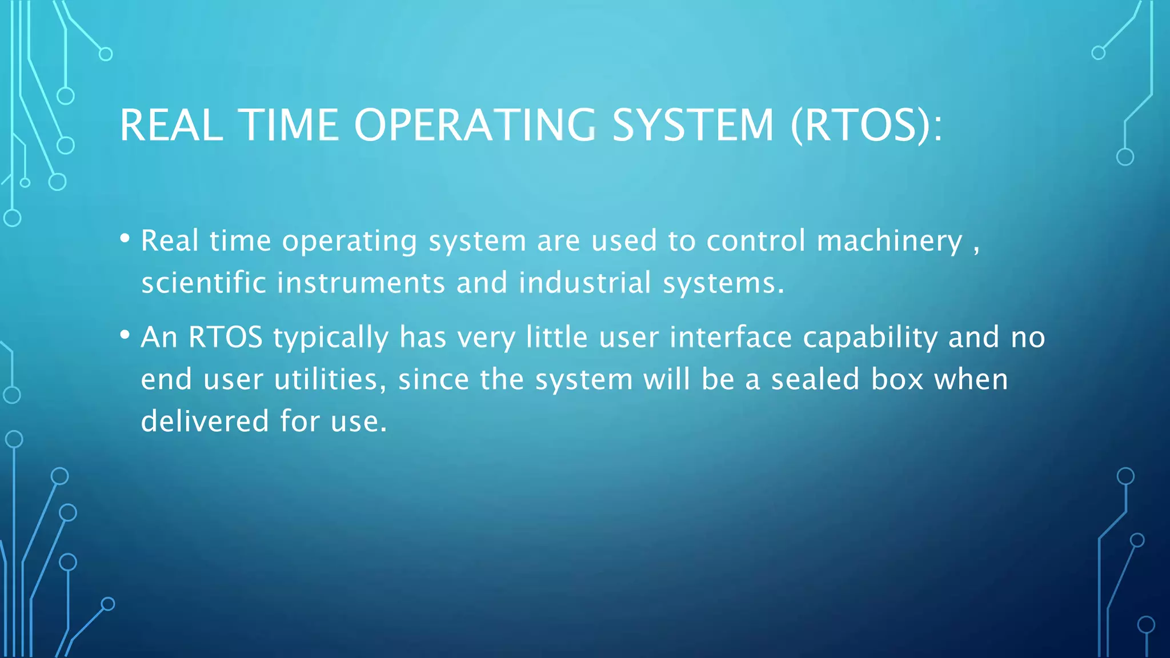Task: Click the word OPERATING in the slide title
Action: click(475, 125)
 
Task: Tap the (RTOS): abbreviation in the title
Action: click(867, 125)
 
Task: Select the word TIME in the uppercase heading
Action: click(289, 125)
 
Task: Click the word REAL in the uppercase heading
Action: click(171, 125)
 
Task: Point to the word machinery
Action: click(889, 241)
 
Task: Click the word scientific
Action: click(203, 283)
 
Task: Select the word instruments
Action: click(361, 283)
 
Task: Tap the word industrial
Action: click(585, 283)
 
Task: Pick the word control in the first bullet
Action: click(756, 241)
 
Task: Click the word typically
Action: click(331, 338)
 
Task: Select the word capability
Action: click(870, 338)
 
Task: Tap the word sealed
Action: click(815, 379)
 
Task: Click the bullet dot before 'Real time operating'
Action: click(125, 238)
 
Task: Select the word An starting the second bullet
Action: click(159, 337)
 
